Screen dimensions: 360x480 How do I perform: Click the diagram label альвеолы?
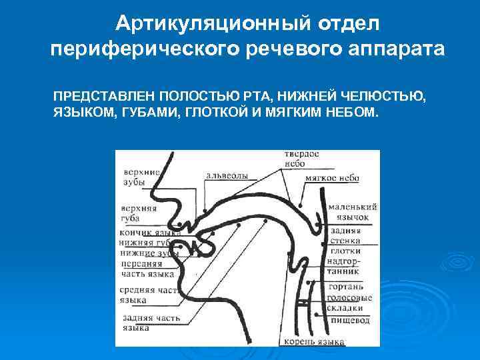coord(226,175)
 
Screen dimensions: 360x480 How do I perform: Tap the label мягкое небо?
coord(331,178)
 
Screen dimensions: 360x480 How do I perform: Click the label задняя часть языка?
coord(150,323)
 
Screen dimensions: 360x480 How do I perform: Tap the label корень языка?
coord(313,342)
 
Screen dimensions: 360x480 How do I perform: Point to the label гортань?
coord(345,287)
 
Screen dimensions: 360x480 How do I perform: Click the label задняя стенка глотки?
coord(345,240)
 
